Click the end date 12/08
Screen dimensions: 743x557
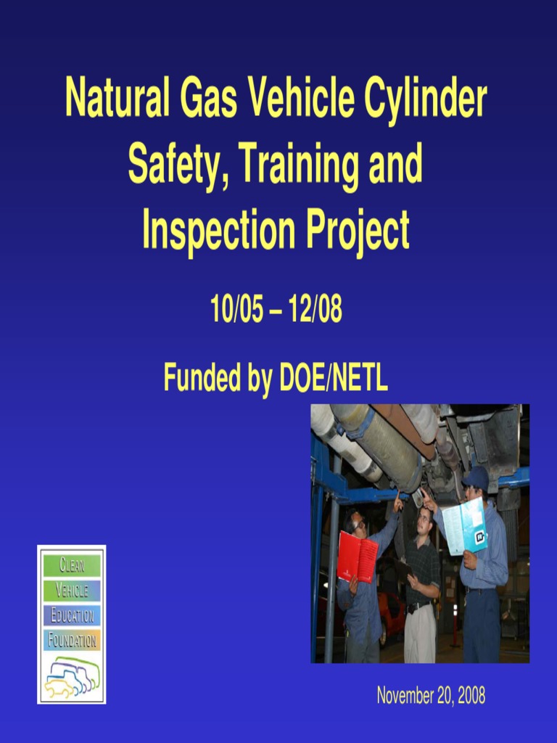click(315, 311)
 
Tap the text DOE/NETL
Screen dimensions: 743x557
click(334, 377)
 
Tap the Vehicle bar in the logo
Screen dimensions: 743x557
click(71, 591)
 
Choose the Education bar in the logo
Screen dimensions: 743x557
click(71, 616)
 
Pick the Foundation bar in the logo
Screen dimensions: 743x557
click(71, 641)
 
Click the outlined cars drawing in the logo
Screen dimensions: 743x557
click(71, 676)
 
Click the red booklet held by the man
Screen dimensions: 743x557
click(357, 557)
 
